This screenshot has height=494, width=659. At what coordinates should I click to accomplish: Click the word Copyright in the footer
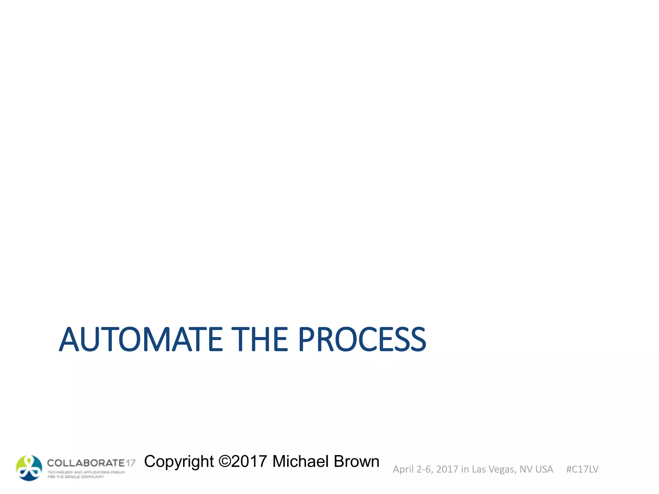point(179,462)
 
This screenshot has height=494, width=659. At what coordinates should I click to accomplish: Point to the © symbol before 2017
point(225,461)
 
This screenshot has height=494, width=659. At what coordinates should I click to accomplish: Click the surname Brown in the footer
point(357,461)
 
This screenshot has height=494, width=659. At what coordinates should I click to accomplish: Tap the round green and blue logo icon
point(29,468)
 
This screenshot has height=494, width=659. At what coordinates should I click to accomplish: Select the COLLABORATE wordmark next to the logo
point(86,463)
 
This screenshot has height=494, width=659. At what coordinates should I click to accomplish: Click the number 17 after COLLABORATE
point(131,463)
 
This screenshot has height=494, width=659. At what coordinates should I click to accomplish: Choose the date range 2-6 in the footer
point(424,470)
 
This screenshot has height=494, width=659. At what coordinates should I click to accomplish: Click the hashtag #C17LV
point(582,470)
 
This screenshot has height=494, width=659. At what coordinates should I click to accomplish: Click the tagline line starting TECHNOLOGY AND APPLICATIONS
point(86,472)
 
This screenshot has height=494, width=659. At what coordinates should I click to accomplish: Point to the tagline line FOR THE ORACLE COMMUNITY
point(76,477)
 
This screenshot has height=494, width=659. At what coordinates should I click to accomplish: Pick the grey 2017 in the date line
point(447,470)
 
